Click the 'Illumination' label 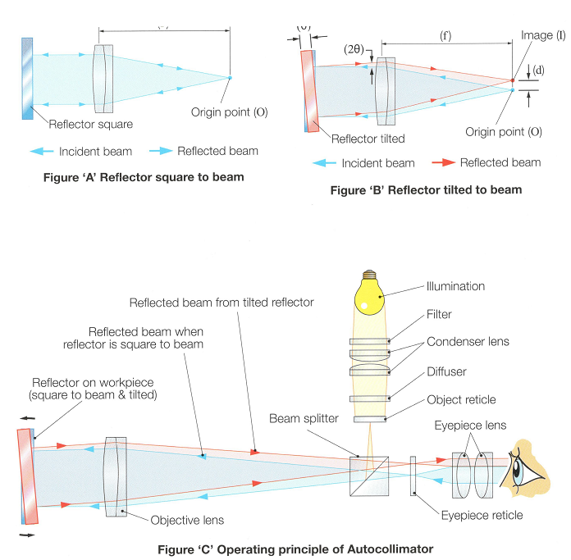[455, 287]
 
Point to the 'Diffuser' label [446, 371]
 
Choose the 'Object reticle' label [461, 399]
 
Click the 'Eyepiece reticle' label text [482, 516]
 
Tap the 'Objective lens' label [187, 520]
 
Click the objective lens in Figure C [116, 476]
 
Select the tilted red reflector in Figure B [308, 90]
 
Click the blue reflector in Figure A [29, 78]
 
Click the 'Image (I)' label [543, 36]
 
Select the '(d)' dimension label [538, 71]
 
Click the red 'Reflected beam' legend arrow [443, 162]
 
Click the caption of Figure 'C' [295, 549]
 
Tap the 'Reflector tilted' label [368, 139]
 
